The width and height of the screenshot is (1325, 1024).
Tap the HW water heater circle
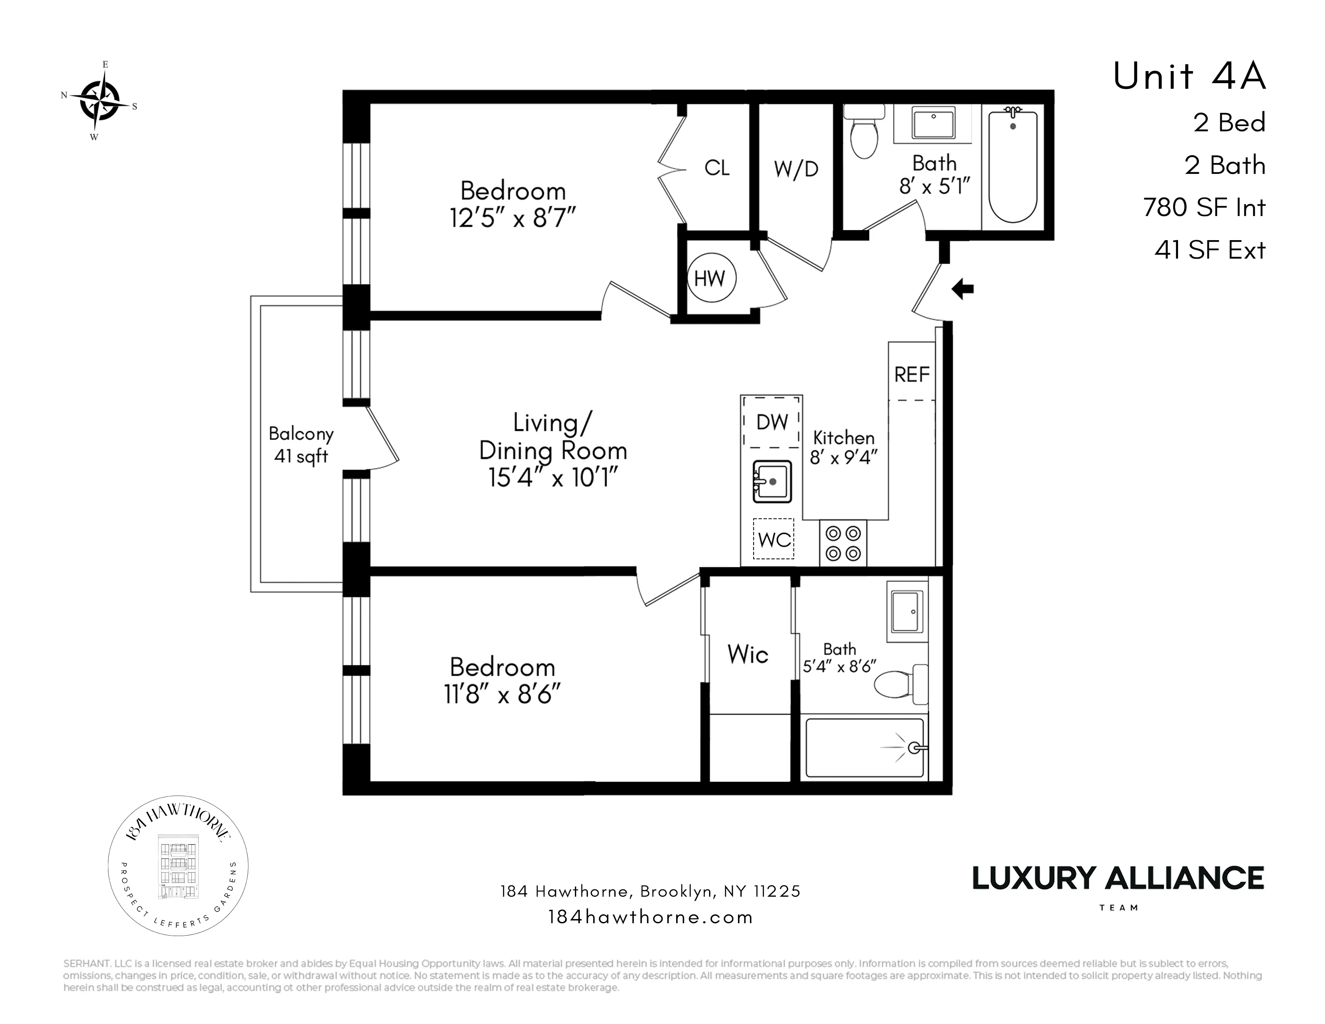[710, 278]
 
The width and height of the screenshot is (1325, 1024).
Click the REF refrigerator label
[912, 375]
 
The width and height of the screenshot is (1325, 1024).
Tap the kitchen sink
[772, 481]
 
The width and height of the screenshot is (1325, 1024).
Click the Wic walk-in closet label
[748, 655]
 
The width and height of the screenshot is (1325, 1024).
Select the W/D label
[796, 169]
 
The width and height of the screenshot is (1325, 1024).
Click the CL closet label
[716, 168]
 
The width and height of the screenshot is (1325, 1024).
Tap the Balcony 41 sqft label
[301, 445]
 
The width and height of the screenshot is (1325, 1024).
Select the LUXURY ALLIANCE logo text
[1117, 878]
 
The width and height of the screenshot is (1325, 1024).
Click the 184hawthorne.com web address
[650, 917]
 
